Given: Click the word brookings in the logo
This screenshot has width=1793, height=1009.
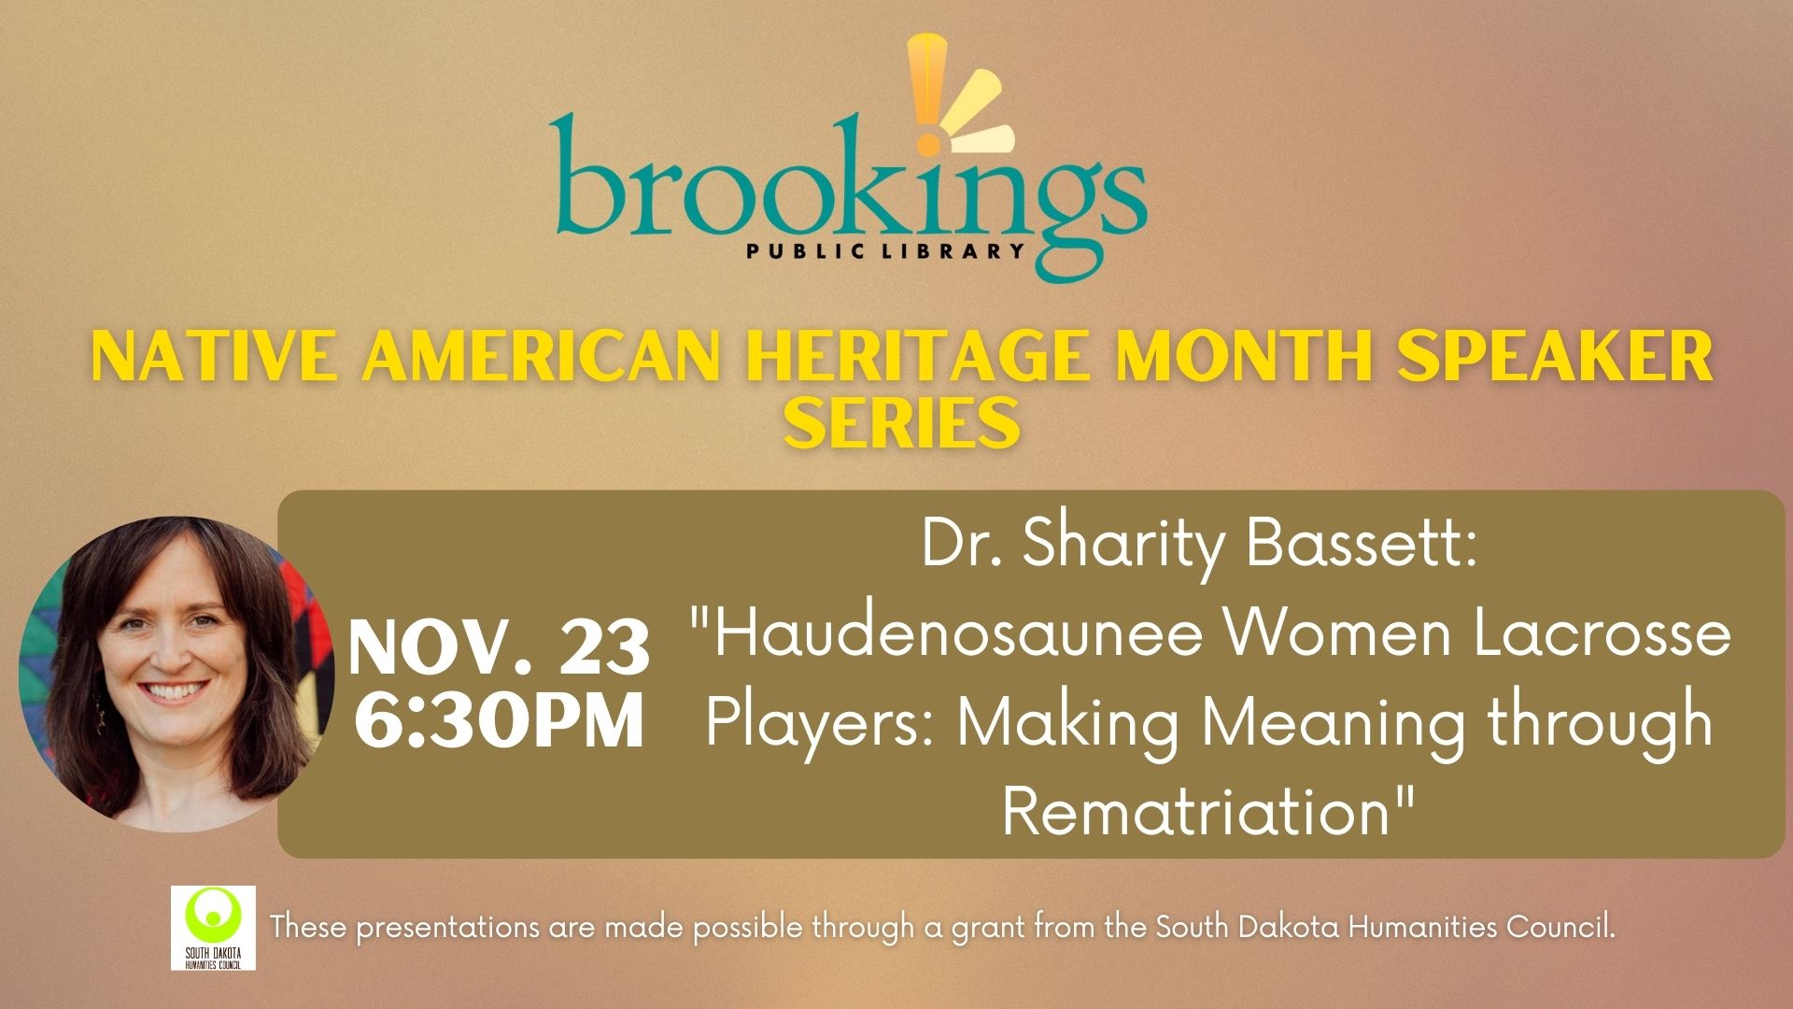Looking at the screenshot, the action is pyautogui.click(x=848, y=196).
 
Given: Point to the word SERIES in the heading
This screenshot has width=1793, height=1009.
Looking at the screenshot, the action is pyautogui.click(x=901, y=422).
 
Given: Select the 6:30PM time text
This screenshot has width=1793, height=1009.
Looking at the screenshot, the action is pyautogui.click(x=501, y=720).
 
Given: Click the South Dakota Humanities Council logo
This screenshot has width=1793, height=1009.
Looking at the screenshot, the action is pyautogui.click(x=214, y=928).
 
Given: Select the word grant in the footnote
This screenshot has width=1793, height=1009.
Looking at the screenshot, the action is pyautogui.click(x=990, y=930).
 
